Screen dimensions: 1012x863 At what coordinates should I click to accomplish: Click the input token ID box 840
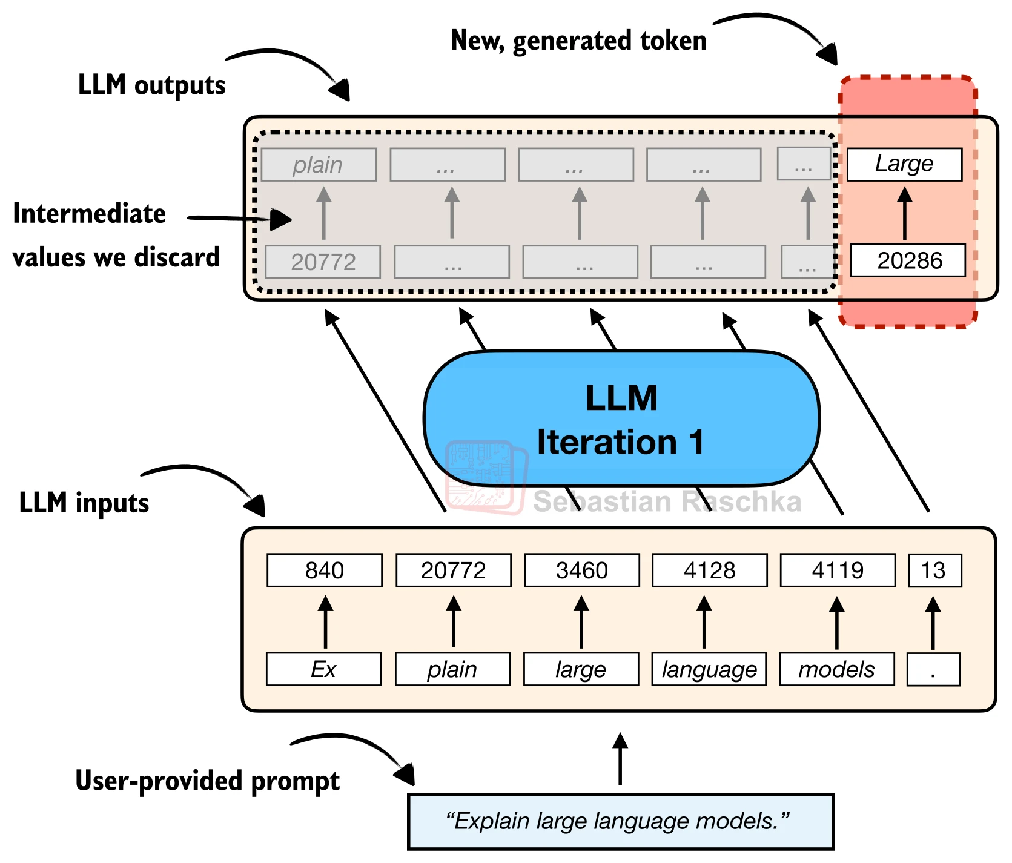pos(325,570)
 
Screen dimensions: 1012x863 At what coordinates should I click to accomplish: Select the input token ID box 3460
pos(582,570)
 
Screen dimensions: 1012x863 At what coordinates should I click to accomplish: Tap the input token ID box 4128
pos(710,570)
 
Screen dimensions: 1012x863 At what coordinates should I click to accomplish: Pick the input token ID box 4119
pos(838,570)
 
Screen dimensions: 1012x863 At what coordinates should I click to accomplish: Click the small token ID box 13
pos(935,570)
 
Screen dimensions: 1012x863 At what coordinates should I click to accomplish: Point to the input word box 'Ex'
pos(324,669)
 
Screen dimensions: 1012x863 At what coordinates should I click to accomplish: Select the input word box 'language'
pos(709,669)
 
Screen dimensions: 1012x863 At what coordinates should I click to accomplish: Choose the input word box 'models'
pos(837,669)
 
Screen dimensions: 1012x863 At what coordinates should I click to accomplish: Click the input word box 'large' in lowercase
pos(581,669)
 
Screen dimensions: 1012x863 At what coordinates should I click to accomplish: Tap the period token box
pos(934,669)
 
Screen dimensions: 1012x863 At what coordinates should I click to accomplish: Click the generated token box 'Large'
pos(905,164)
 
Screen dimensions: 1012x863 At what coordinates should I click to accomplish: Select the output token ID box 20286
pos(908,260)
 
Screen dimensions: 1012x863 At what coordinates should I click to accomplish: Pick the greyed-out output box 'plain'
pos(319,165)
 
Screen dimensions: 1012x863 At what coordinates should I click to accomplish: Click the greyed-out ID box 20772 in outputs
pos(323,262)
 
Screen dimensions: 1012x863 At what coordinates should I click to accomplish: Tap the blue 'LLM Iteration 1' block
pos(622,418)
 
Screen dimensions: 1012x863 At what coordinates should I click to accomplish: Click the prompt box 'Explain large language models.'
pos(621,822)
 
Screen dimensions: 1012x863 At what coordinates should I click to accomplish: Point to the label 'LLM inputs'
pos(84,503)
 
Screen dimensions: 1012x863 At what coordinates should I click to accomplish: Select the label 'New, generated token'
pos(579,41)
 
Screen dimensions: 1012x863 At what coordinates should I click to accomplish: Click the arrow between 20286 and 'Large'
pos(905,213)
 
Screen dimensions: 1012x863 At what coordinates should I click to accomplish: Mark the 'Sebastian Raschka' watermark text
pos(667,501)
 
